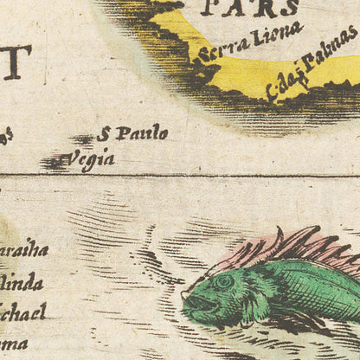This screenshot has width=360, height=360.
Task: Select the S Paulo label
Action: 132,133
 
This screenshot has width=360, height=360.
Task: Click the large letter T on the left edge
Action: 16,61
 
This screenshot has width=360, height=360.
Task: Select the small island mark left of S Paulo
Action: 83,138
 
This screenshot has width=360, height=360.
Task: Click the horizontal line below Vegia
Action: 173,176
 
